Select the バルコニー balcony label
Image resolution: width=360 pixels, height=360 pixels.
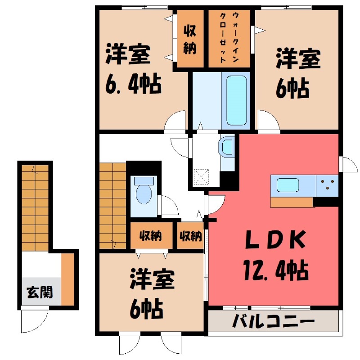click(x=273, y=323)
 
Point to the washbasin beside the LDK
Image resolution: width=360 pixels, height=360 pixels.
click(x=227, y=147)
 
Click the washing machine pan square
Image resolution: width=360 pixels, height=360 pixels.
click(x=201, y=176)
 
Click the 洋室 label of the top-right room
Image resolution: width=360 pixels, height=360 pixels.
click(x=298, y=60)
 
